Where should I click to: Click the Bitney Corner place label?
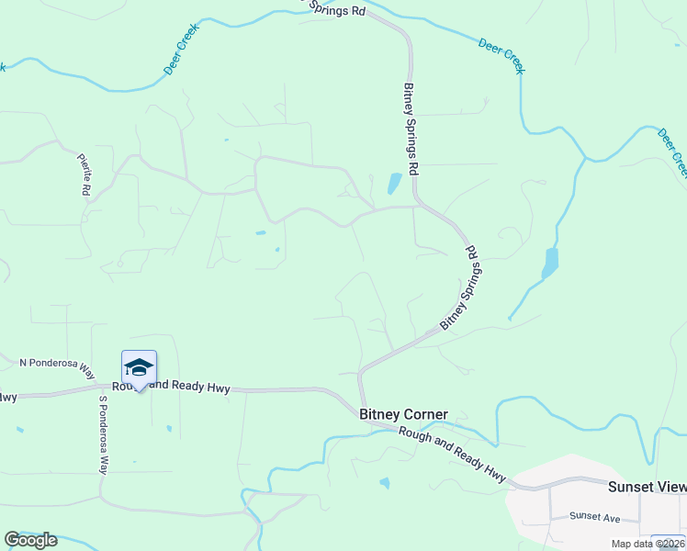coord(402,415)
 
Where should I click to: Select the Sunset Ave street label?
coord(594,517)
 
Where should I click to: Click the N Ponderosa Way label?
coord(57,367)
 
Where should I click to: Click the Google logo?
coord(31,539)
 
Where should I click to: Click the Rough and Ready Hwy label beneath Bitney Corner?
coord(454,452)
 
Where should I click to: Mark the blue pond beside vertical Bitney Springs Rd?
coord(394,184)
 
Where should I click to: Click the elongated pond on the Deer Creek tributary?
coord(550,262)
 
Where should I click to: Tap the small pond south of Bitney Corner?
coord(384,483)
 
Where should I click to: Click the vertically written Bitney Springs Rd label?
coord(411,129)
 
